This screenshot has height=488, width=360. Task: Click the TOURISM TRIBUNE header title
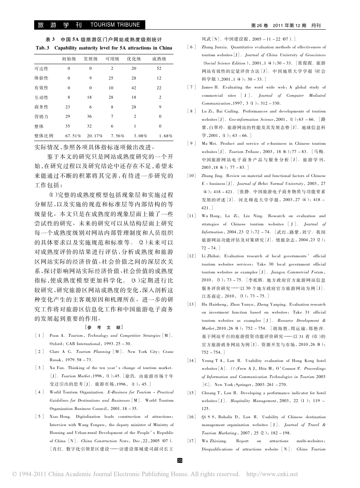pos(115,25)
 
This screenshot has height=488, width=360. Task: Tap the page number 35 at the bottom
pos(179,460)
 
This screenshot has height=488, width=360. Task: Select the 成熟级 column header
pos(159,59)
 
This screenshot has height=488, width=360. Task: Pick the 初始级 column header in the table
pos(69,59)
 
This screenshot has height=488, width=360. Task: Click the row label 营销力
pos(41,117)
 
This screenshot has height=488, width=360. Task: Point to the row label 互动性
pos(41,98)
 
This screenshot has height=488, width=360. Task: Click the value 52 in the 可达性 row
pos(159,69)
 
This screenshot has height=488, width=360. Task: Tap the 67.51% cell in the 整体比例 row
pos(73,136)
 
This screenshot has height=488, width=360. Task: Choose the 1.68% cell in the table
pos(165,136)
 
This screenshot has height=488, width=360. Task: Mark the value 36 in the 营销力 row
pos(90,117)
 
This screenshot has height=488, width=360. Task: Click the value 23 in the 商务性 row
pos(68,107)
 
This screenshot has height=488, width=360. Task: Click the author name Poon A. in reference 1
pos(57,336)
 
